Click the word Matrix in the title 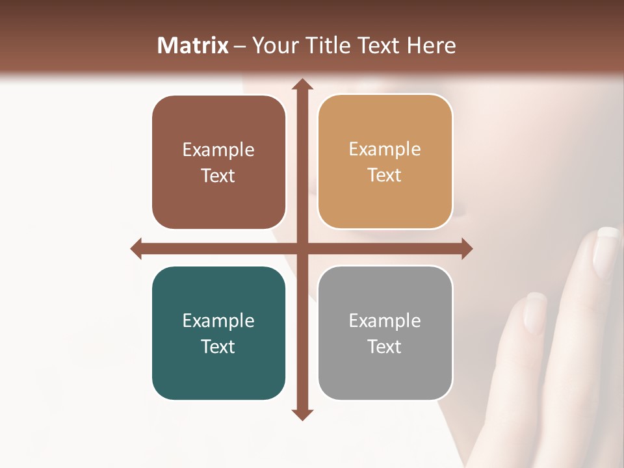[x=193, y=45]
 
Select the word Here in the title [x=431, y=45]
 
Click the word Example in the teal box [x=218, y=321]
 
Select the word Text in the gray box [x=385, y=346]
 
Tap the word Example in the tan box [x=385, y=149]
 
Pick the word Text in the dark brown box [x=218, y=175]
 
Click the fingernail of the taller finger [x=608, y=250]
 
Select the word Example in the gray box [x=385, y=321]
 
